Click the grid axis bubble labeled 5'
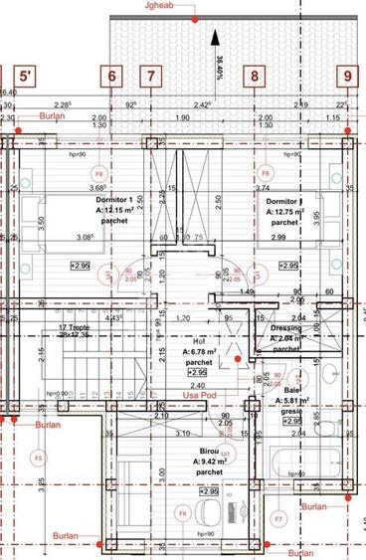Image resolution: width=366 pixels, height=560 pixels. point(27,75)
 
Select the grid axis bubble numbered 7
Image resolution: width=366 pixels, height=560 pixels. point(150,75)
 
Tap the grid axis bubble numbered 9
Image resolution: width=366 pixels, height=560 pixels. point(347,75)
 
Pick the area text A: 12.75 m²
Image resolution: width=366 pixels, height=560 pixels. point(286,211)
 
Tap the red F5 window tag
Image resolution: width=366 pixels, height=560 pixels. point(38,458)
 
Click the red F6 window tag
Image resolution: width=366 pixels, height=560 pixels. point(182,513)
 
